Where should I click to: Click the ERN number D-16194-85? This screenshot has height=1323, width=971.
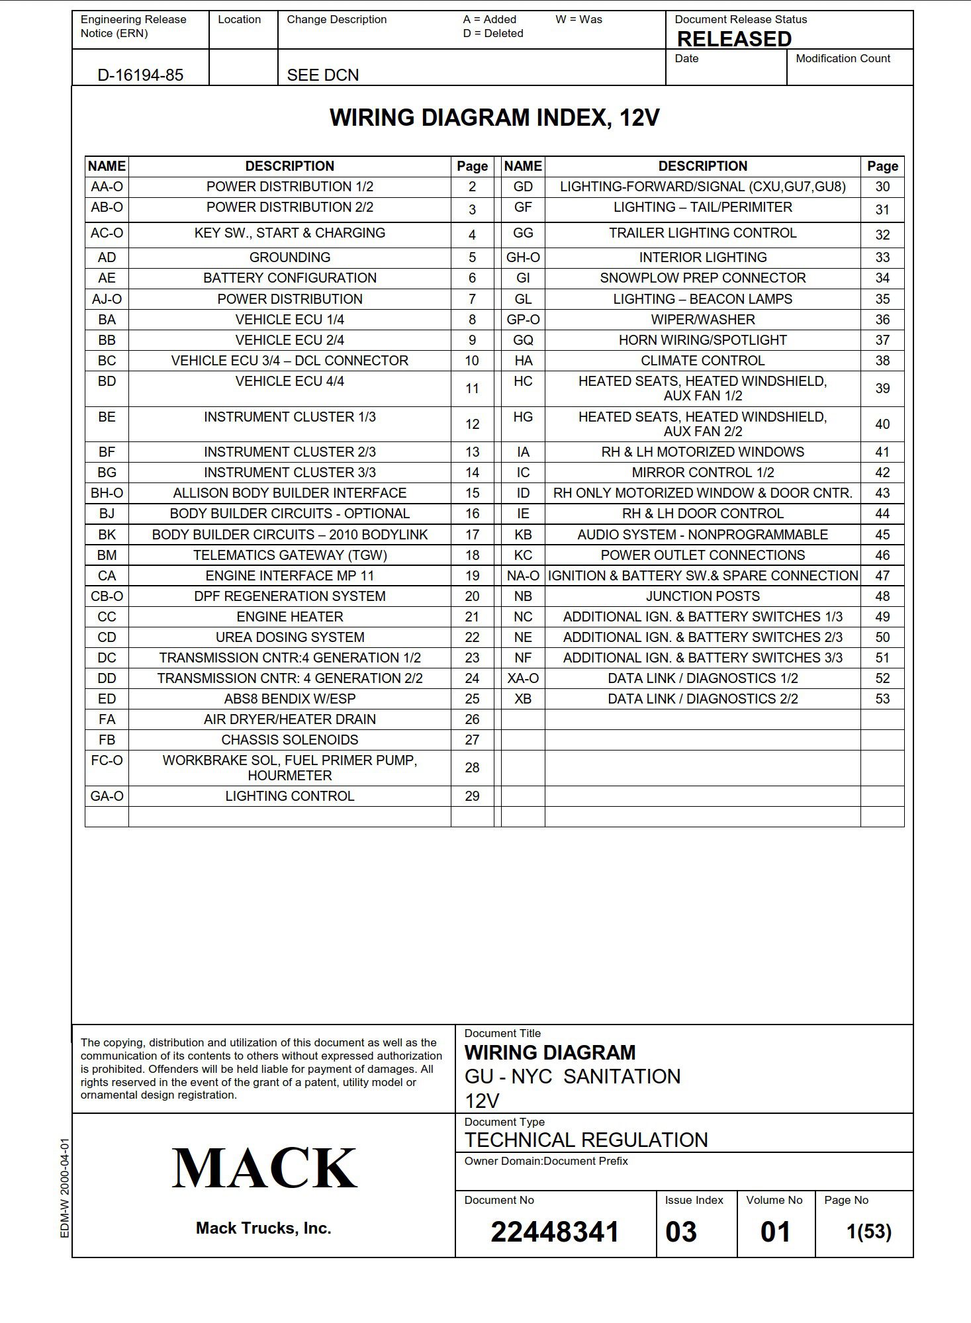coord(140,75)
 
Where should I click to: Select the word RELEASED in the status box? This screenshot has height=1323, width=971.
coord(734,39)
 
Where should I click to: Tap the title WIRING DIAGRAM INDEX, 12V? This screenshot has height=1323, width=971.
coord(494,118)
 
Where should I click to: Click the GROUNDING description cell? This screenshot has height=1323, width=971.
coord(289,257)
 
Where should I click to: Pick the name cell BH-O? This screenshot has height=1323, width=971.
coord(107,493)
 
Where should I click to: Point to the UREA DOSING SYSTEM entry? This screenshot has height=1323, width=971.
coord(289,637)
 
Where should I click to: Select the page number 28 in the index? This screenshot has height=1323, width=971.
coord(472,768)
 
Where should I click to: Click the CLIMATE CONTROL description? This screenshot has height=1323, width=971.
coord(702,361)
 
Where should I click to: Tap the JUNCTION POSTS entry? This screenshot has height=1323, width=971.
coord(702,596)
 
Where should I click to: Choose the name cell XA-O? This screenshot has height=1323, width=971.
coord(523,678)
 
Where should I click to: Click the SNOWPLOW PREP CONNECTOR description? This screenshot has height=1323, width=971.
coord(702,278)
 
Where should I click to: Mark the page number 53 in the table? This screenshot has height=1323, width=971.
coord(882,699)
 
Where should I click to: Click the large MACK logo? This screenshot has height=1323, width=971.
coord(264,1169)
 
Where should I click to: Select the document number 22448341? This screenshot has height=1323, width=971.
coord(555,1232)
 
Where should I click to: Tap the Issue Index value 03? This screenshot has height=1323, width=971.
coord(681,1232)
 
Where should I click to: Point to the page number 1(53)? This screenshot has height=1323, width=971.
coord(868,1232)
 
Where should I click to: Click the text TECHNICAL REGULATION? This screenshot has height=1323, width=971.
coord(586,1140)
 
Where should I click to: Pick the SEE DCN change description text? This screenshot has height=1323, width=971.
coord(323,75)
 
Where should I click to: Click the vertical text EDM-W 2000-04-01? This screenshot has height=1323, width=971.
coord(65,1187)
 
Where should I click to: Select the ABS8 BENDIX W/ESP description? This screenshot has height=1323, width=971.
coord(289,699)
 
